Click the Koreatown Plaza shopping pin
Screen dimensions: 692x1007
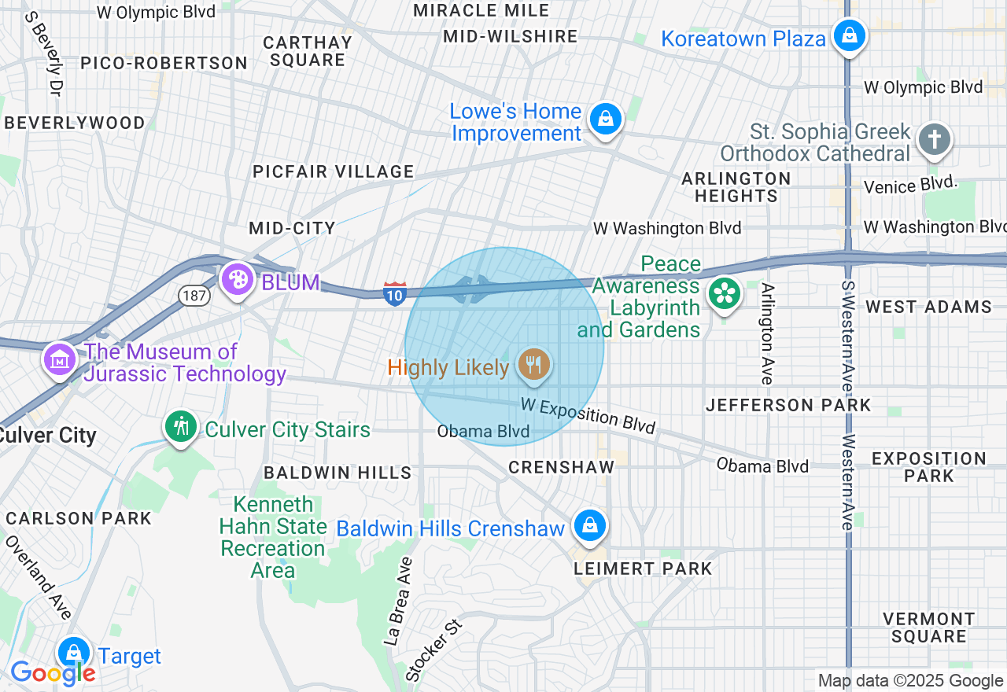pyautogui.click(x=850, y=36)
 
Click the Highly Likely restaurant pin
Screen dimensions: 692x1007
pyautogui.click(x=534, y=366)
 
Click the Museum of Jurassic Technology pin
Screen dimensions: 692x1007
pyautogui.click(x=61, y=360)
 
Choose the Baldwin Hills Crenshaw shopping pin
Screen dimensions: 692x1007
pyautogui.click(x=589, y=526)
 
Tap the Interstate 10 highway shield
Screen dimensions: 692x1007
pyautogui.click(x=395, y=293)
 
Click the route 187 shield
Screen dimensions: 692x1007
pyautogui.click(x=194, y=296)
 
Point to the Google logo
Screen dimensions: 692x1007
pyautogui.click(x=53, y=673)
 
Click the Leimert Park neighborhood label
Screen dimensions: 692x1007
pyautogui.click(x=643, y=569)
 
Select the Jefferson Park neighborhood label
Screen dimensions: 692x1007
pyautogui.click(x=788, y=405)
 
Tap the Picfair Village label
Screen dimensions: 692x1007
pyautogui.click(x=333, y=171)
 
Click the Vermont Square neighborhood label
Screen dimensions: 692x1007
pyautogui.click(x=929, y=628)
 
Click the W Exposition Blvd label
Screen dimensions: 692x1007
pyautogui.click(x=588, y=414)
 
